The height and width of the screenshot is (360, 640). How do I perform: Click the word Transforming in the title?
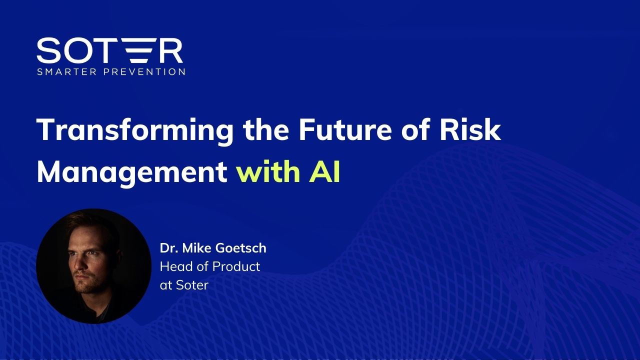(135, 130)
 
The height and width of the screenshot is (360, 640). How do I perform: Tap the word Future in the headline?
(345, 129)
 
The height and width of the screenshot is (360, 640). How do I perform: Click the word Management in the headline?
(132, 173)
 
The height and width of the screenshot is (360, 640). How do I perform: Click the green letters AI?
(324, 172)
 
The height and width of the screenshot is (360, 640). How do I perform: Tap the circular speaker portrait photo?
(93, 266)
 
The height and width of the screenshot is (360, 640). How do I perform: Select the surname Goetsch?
(240, 248)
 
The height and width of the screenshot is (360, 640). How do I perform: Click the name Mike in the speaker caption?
(196, 248)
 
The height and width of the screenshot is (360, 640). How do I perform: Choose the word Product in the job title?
(236, 266)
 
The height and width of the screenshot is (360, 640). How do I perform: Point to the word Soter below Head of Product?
(192, 285)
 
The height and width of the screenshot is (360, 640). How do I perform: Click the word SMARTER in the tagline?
(67, 71)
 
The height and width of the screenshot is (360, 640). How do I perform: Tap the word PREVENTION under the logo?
(144, 71)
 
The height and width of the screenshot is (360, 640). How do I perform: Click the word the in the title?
(266, 129)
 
